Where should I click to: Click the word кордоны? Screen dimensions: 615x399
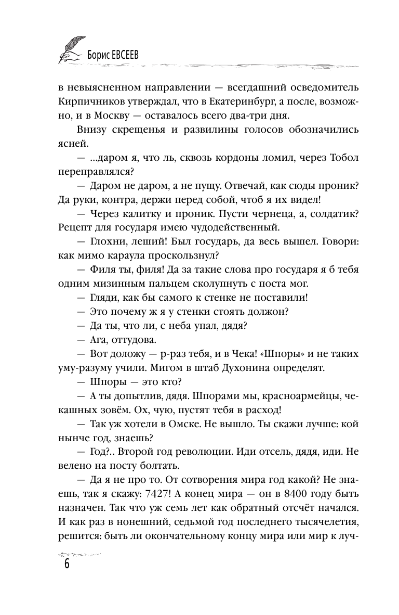pyautogui.click(x=198, y=158)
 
